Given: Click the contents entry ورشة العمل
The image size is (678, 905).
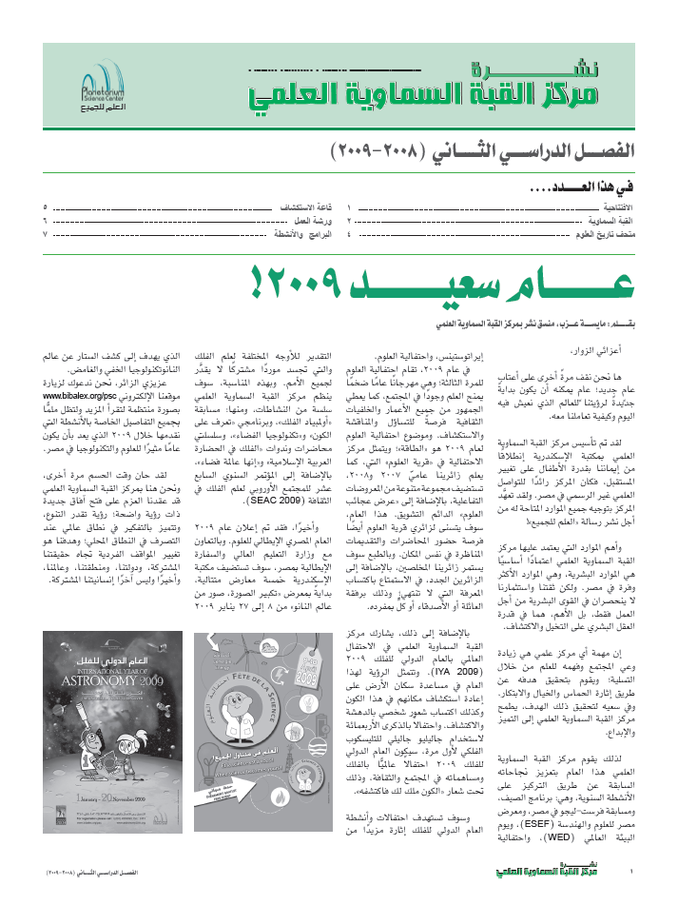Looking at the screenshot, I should (x=297, y=220).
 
